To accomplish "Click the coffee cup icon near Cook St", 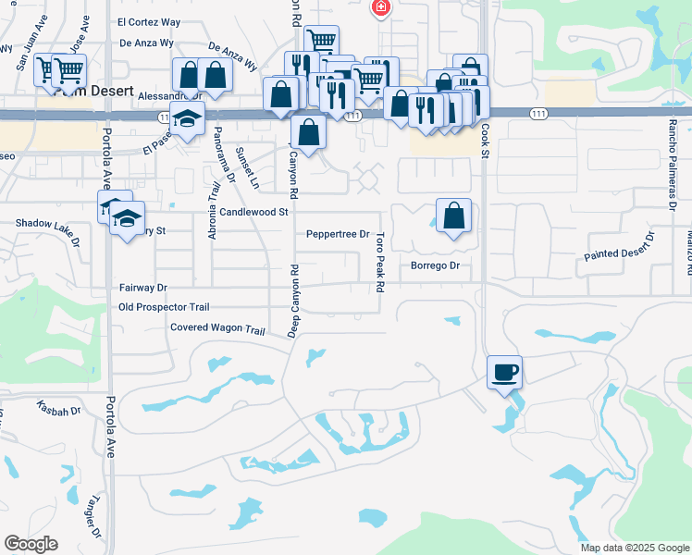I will click(x=505, y=373).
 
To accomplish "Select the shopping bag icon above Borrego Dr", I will click(x=453, y=216).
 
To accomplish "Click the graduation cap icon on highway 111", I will click(x=187, y=119).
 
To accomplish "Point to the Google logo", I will click(x=31, y=544).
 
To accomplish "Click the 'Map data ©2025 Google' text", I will click(x=635, y=548).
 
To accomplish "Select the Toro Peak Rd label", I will click(x=379, y=263).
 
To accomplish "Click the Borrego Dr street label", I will click(x=435, y=265).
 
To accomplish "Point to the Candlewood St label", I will click(x=248, y=212).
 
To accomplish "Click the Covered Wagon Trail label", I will click(x=217, y=328).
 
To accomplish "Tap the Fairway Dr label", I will click(x=142, y=289).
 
